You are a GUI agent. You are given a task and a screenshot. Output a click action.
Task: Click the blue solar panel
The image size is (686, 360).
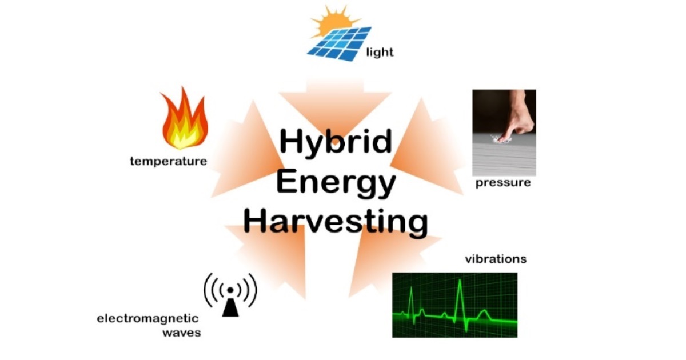point(338,43)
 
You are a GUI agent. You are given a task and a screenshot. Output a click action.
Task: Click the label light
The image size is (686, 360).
point(380,53)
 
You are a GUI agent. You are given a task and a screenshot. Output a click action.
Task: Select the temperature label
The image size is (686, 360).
point(168,161)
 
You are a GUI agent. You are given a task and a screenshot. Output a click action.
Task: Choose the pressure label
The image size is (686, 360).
point(503,183)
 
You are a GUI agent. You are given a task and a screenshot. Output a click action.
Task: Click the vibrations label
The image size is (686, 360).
point(495,259)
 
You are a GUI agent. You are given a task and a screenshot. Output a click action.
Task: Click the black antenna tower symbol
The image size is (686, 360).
point(230,306)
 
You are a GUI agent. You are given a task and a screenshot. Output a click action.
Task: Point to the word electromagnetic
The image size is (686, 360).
point(147,318)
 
